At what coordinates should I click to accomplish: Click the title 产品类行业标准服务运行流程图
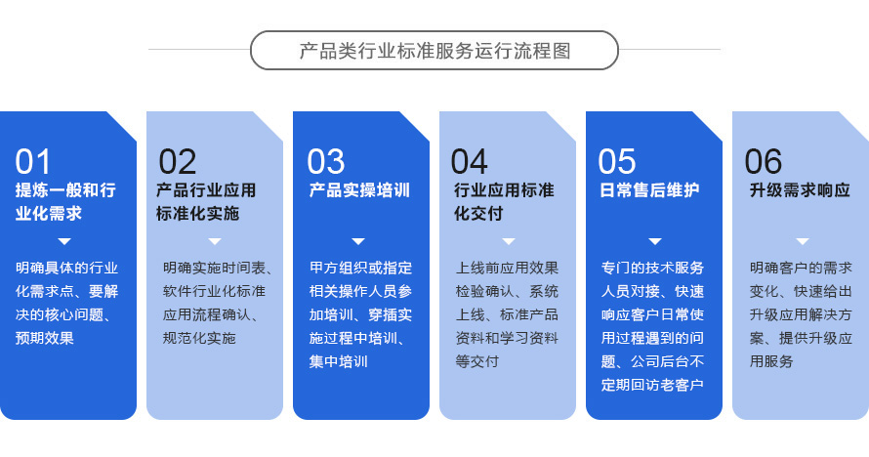[434, 51]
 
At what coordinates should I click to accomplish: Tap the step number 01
[32, 162]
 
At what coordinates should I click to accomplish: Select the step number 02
[178, 162]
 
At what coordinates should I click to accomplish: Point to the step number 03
[326, 162]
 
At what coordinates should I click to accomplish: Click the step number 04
[470, 162]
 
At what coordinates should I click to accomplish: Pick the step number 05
[617, 162]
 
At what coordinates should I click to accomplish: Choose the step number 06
[764, 162]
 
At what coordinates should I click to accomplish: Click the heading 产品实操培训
[359, 190]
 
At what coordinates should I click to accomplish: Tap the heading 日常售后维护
[649, 190]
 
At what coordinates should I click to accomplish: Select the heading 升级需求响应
[800, 190]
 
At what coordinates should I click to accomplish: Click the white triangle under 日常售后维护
[655, 241]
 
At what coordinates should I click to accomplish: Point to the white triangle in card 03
[358, 241]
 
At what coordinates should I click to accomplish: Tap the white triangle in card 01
[64, 241]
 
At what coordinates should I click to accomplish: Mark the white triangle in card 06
[802, 241]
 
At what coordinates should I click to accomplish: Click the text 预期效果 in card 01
[44, 338]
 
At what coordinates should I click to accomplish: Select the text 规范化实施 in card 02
[199, 338]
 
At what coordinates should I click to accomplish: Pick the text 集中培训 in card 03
[338, 361]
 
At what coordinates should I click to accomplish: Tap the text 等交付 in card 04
[477, 361]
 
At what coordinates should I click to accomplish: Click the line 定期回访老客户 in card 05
[652, 385]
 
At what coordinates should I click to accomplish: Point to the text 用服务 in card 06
[771, 361]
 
